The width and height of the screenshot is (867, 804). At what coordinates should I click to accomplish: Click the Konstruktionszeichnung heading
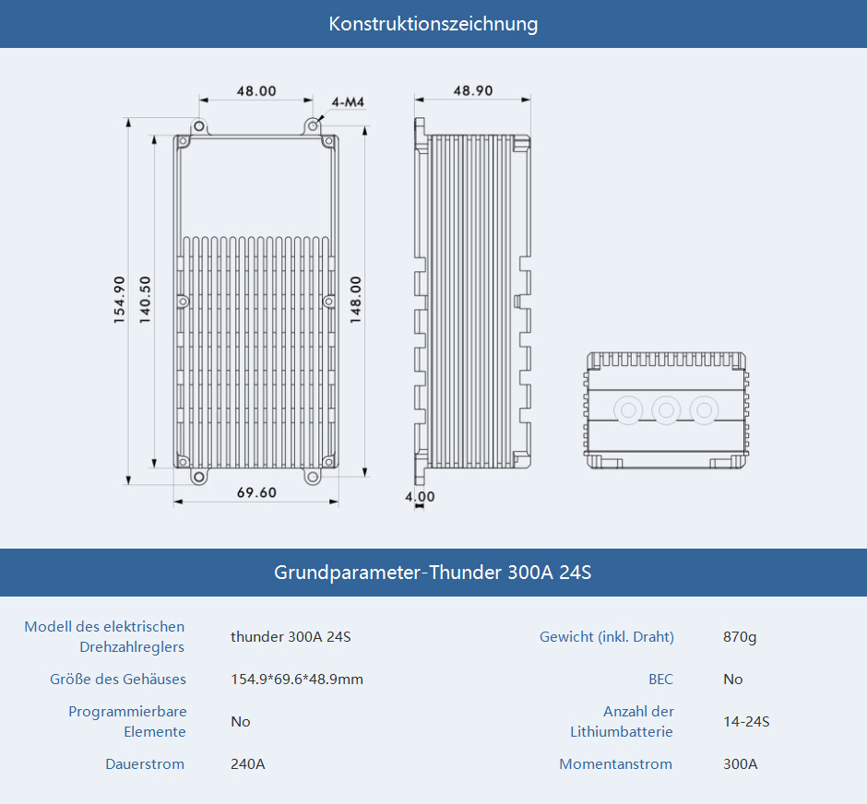coord(433,24)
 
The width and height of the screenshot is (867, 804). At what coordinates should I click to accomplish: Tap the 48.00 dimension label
coord(256,91)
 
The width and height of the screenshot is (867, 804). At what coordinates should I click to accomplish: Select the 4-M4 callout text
coord(348,102)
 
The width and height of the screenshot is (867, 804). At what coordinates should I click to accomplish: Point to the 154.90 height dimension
coord(119,300)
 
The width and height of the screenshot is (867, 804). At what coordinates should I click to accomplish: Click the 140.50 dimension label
coord(144,300)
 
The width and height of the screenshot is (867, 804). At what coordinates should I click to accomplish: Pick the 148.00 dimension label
coord(355,300)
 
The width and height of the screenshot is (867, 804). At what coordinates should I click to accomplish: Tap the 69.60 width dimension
coord(256,492)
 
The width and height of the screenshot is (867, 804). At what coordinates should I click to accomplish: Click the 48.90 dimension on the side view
coord(473,90)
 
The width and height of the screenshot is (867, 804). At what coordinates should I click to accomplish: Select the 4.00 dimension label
coord(420,496)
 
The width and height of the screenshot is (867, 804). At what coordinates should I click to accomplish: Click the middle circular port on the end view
coord(666,410)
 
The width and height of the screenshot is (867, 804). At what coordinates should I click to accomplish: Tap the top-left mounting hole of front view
coord(199,126)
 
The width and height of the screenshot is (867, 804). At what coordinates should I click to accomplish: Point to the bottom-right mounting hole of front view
coord(313,477)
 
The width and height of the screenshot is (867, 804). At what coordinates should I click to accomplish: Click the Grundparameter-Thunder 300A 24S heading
coord(433,572)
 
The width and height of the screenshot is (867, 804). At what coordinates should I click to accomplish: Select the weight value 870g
coord(740,637)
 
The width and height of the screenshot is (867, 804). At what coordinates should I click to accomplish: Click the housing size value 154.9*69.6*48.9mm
coord(297,680)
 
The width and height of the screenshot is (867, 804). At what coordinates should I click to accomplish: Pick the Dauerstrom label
coord(145,764)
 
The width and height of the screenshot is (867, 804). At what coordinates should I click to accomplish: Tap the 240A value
coord(248,764)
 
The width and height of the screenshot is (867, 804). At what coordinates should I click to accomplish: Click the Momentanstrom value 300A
coord(741,764)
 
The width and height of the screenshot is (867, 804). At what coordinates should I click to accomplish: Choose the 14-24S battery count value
coord(746,722)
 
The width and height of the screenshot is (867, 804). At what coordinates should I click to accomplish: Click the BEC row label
coord(660,680)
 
